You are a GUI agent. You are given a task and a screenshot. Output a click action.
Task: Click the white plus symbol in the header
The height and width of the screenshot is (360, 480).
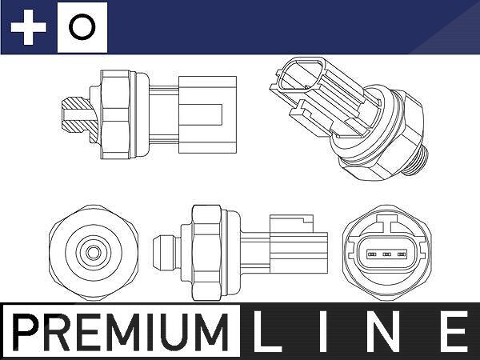pos(29,27)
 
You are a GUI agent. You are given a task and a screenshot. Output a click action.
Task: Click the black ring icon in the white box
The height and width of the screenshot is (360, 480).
pos(82,27)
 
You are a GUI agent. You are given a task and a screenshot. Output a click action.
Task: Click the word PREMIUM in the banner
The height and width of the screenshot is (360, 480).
pos(121,332)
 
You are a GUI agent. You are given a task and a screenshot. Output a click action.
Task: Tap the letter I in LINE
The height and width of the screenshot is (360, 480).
pos(324,331)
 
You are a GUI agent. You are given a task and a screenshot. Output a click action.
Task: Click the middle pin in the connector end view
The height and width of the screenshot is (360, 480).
pos(387,254)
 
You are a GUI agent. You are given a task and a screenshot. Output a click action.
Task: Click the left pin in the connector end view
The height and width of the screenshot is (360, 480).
pos(372,254)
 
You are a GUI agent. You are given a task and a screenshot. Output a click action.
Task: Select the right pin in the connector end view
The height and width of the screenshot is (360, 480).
pos(402,254)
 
